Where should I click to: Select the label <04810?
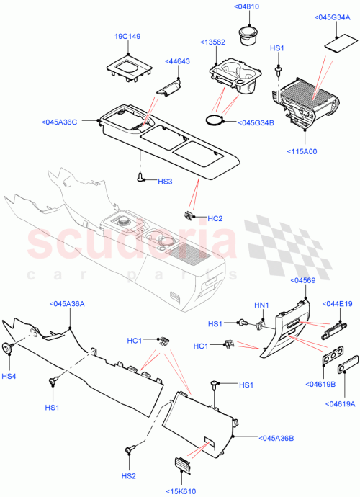248,6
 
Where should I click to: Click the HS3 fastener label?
166,182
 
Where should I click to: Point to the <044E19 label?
337,304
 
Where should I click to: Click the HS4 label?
9,376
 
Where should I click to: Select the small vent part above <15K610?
180,466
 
